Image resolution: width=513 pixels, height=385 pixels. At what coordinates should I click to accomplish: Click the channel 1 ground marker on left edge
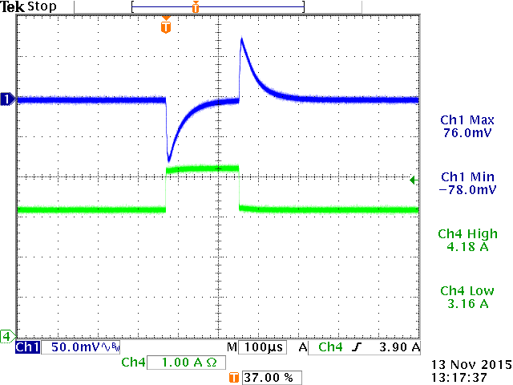[7, 99]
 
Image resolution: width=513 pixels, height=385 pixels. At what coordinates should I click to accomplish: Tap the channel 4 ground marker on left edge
[7, 335]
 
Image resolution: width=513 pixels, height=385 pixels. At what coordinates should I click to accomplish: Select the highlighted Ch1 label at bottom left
[27, 347]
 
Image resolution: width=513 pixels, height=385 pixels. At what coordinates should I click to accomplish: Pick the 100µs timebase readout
[261, 347]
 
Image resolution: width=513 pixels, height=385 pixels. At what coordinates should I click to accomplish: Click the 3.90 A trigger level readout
[398, 347]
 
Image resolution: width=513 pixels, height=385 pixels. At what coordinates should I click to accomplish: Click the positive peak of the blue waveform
[242, 40]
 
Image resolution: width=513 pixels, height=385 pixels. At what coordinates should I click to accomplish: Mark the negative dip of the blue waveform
[168, 157]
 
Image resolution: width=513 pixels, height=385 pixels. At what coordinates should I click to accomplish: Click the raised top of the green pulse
[202, 168]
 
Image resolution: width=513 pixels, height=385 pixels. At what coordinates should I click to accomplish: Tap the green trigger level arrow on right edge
[413, 180]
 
